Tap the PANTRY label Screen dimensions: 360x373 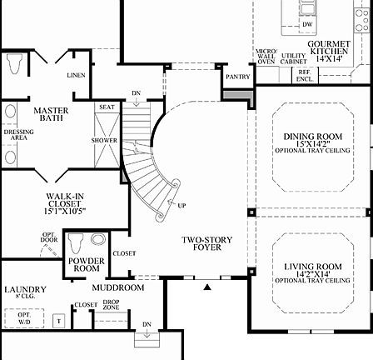pos(238,75)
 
